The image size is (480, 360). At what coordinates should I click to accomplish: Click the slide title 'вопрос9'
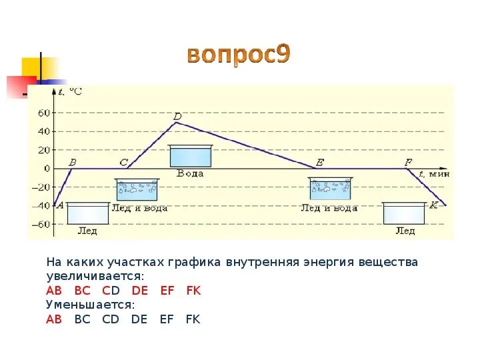[x=238, y=56]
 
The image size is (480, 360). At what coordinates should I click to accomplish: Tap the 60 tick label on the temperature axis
[x=44, y=113]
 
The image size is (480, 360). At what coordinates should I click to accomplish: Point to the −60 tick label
[x=41, y=225]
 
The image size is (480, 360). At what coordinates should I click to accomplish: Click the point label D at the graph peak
[x=177, y=117]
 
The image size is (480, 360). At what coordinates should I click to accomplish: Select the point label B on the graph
[x=73, y=162]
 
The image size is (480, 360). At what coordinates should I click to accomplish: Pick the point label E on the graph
[x=320, y=162]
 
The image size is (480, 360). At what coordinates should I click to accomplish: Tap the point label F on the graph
[x=408, y=162]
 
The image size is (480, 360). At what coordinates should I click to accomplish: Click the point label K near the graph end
[x=433, y=205]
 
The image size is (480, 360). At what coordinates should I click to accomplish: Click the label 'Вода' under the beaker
[x=190, y=173]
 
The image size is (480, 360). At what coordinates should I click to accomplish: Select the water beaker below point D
[x=190, y=156]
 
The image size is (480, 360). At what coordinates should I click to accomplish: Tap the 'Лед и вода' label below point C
[x=139, y=208]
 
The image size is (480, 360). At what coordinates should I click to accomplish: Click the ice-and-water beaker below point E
[x=329, y=189]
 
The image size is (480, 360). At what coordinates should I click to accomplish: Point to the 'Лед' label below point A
[x=87, y=231]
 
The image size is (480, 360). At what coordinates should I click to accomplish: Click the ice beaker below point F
[x=405, y=213]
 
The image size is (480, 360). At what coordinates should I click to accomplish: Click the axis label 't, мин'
[x=434, y=173]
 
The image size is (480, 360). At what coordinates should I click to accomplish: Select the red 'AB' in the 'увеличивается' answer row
[x=54, y=291]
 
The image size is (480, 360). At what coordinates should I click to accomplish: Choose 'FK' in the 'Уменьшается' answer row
[x=193, y=319]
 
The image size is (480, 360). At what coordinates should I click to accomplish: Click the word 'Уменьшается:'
[x=90, y=305]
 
